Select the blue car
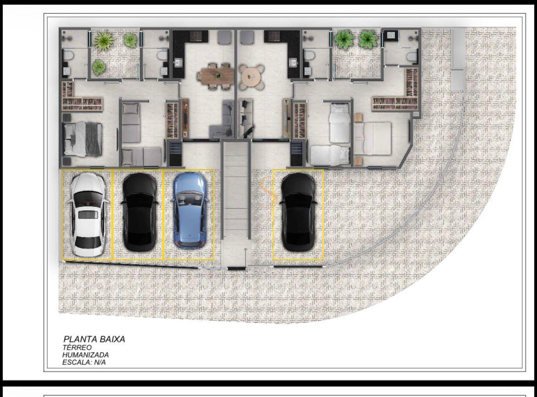(x=190, y=210)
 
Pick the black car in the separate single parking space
(x=298, y=212)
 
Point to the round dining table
(x=252, y=76)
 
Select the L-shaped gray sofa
(x=222, y=119)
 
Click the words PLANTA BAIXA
(x=94, y=339)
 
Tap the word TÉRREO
(x=77, y=347)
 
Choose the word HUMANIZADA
(x=85, y=355)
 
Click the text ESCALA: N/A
(x=84, y=363)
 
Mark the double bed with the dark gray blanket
(x=83, y=139)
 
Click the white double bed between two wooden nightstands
(x=372, y=139)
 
